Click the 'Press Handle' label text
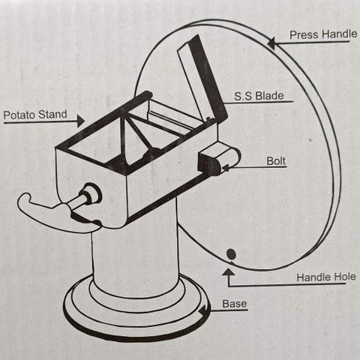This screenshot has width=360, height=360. point(323,34)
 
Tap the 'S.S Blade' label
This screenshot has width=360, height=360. point(259,96)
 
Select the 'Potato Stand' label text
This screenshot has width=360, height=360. point(35,115)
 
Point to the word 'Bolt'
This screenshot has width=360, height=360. point(276,161)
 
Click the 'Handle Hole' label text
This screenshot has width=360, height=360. point(326,277)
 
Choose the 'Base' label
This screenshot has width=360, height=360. point(235,304)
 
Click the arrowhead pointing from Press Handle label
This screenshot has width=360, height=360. point(271,43)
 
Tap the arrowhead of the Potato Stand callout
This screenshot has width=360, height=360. point(81,121)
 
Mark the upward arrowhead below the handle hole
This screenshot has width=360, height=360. point(228,271)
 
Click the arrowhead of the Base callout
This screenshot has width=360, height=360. point(204,310)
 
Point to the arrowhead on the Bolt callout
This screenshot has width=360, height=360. point(226,168)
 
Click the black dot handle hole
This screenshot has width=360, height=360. point(231,254)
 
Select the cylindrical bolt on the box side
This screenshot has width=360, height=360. point(219,159)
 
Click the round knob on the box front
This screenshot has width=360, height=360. point(91,193)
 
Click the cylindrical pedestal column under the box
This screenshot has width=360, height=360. point(135,253)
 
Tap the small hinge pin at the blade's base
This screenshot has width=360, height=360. point(208,118)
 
